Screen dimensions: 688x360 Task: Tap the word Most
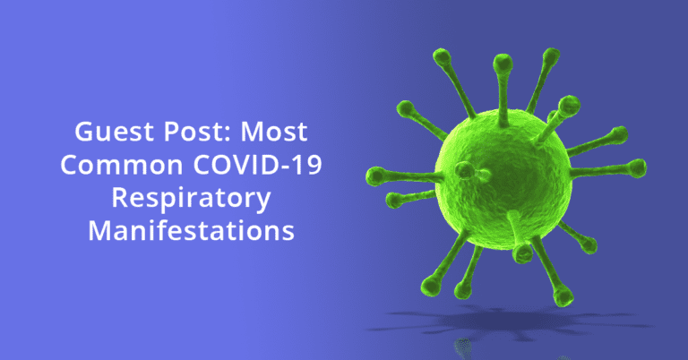coord(274,132)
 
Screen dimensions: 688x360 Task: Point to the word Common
coord(122,165)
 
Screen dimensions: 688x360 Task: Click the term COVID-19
coord(258,165)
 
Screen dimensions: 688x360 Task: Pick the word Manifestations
coord(191,231)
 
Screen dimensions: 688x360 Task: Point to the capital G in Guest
coord(84,132)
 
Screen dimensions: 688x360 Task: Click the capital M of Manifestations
coord(100,231)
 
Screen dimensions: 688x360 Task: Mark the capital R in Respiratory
coord(120,197)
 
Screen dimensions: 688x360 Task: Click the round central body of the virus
coord(503,178)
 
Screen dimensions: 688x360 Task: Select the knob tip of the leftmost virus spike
coord(375,176)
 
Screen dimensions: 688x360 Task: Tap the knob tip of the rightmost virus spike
coord(637,168)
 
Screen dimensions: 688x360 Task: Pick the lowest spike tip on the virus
coord(563,296)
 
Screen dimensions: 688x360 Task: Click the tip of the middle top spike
coord(503,63)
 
